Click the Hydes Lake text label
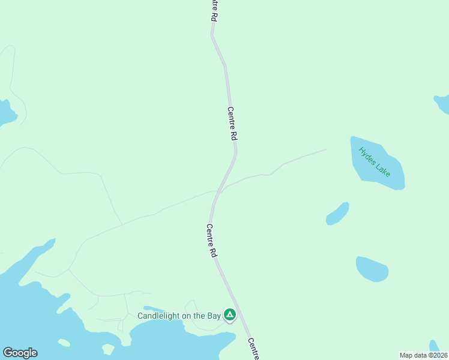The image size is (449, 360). click(x=374, y=161)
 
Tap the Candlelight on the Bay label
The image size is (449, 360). click(x=179, y=316)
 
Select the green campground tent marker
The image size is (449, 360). click(x=229, y=314)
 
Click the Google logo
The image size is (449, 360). click(x=20, y=353)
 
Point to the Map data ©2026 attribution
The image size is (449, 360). click(x=424, y=355)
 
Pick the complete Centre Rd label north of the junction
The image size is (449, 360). click(x=232, y=124)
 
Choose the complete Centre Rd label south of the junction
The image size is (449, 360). click(x=211, y=241)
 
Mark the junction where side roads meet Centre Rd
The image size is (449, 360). click(x=218, y=192)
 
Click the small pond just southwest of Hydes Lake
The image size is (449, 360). click(x=337, y=214)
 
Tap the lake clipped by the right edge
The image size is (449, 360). click(x=443, y=104)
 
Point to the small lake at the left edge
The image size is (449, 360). click(x=6, y=112)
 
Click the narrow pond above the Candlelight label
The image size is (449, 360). click(x=157, y=310)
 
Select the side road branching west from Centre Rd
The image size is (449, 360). click(x=162, y=209)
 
